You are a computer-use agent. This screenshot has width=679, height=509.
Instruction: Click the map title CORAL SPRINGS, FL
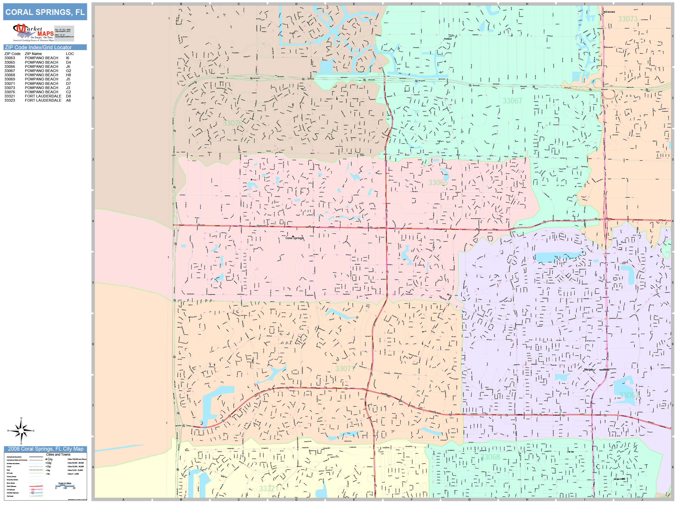point(45,12)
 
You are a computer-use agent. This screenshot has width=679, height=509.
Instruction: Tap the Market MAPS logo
point(34,32)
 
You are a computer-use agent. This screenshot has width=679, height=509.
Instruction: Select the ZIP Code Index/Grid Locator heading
point(38,47)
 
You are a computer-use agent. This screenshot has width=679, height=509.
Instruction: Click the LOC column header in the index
point(70,54)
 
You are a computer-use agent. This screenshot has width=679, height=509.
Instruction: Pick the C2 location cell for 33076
point(68,92)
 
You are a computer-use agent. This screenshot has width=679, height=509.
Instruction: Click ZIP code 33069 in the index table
point(9,79)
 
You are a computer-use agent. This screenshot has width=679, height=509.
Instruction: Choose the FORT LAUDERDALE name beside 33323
point(43,100)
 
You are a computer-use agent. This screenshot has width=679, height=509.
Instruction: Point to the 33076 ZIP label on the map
point(232,123)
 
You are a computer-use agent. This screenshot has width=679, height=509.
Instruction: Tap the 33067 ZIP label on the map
point(512,101)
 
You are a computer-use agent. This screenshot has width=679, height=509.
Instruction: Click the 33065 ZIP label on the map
point(438,182)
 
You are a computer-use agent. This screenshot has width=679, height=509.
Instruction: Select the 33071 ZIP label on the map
point(345,368)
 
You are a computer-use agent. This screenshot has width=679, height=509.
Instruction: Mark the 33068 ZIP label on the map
point(490,457)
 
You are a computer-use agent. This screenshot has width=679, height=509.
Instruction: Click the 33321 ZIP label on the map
point(269,488)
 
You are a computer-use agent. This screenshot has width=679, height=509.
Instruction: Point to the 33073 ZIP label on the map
point(627,19)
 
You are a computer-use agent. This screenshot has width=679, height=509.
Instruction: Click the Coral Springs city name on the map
point(294,238)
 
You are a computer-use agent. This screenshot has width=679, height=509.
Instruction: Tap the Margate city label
point(588,369)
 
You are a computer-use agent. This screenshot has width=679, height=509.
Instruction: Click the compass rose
point(21,431)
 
